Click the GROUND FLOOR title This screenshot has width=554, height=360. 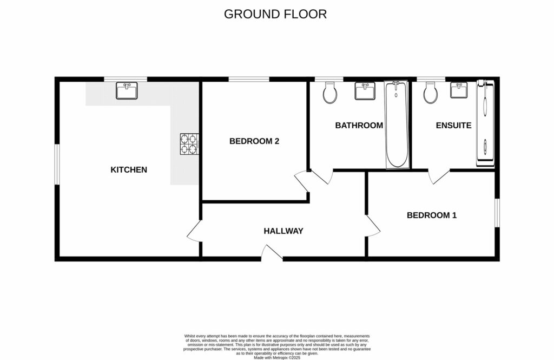tap(275, 14)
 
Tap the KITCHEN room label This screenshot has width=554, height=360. tap(129, 170)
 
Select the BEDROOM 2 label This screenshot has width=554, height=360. tap(254, 141)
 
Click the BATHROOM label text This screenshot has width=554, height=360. tap(359, 126)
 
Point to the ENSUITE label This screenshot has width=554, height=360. tap(453, 126)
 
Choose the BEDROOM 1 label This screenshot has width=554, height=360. tap(432, 215)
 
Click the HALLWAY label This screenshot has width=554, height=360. tap(283, 231)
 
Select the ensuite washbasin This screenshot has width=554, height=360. tap(459, 90)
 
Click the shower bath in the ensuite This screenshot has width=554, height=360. tap(485, 123)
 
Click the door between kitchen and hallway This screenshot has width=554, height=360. tap(194, 233)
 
